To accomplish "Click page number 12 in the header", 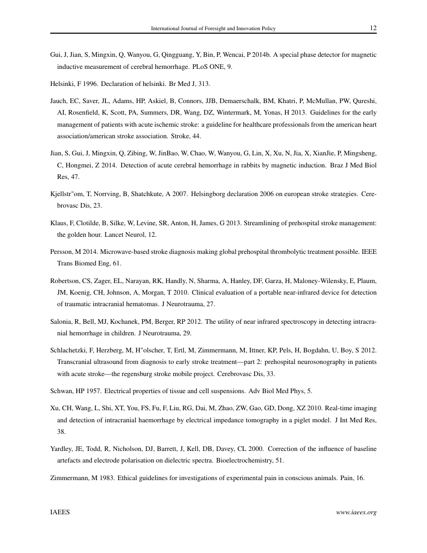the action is pos(373,29).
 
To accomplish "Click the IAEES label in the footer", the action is pos(60,512).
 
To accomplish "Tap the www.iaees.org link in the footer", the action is pos(356,512).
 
